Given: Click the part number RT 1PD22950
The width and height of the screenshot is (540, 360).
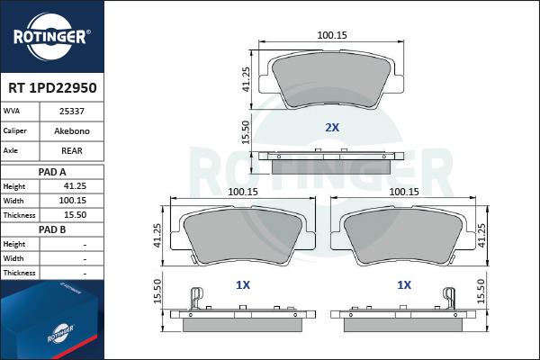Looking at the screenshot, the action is point(52,88).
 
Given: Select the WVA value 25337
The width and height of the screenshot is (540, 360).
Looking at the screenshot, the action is point(72,112).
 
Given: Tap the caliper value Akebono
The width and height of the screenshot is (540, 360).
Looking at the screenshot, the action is point(72,130).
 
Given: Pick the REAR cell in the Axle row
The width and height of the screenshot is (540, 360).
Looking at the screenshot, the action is point(72,150).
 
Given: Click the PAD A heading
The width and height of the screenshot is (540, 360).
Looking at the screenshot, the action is point(52,172).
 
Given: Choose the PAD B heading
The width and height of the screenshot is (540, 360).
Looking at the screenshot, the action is point(52,229).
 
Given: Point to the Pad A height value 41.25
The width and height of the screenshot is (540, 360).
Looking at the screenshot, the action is point(75,186).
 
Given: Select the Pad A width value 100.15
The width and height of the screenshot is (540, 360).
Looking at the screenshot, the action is point(72,201).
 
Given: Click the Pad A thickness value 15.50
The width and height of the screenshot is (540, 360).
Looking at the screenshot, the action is point(75,215).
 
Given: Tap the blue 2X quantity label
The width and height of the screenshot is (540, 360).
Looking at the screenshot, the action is point(332,128).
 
